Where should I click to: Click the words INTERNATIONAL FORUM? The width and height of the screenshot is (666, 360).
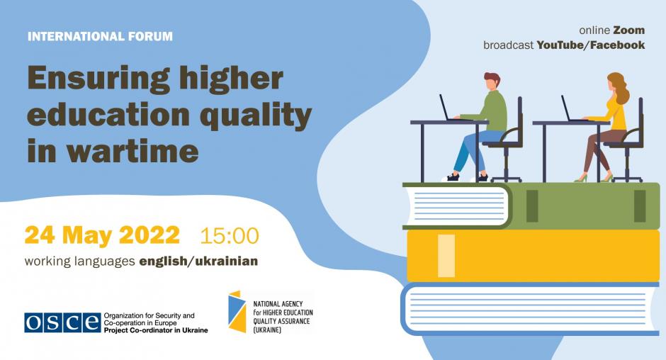(100, 36)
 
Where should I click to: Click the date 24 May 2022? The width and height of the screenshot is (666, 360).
(102, 235)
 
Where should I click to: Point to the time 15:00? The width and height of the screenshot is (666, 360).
(230, 236)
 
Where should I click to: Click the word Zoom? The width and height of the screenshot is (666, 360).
(629, 30)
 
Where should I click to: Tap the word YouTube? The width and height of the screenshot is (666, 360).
(560, 45)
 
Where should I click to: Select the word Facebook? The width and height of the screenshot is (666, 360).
(617, 45)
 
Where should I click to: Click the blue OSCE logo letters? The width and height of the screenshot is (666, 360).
(62, 322)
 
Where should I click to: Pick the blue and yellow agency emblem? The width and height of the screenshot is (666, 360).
(237, 311)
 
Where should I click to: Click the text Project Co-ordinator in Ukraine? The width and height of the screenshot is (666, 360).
(156, 330)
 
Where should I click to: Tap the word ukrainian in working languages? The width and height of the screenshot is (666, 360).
(227, 261)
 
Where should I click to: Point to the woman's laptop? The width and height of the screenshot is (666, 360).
(571, 109)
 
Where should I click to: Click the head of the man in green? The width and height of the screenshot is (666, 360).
(492, 81)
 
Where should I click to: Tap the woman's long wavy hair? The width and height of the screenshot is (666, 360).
(619, 87)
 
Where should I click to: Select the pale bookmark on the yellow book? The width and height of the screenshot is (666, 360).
(446, 255)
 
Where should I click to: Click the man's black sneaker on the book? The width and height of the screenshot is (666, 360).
(452, 177)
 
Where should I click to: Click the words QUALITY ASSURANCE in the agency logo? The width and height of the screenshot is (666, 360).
(281, 321)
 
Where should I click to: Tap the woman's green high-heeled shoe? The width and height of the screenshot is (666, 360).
(581, 179)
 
